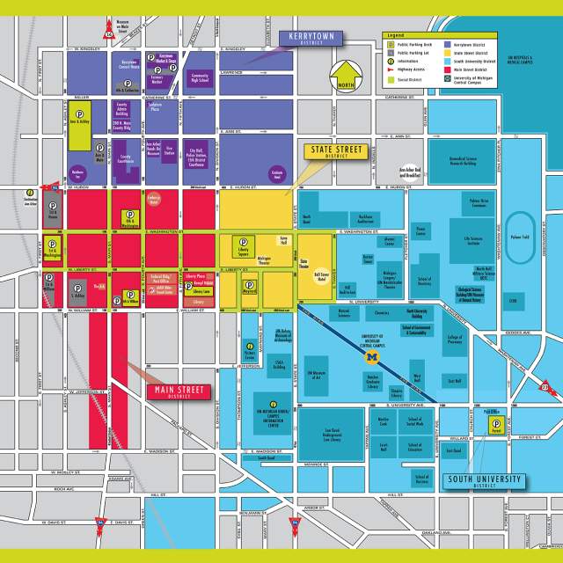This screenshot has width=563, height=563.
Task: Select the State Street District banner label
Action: [334, 151]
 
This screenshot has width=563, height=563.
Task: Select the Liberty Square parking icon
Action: [243, 245]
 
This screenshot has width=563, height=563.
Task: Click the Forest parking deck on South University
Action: [497, 427]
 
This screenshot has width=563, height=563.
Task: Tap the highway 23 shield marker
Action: [545, 384]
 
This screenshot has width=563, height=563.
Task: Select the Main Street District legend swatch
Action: [450, 65]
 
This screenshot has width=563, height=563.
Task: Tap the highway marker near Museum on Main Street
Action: [110, 33]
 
